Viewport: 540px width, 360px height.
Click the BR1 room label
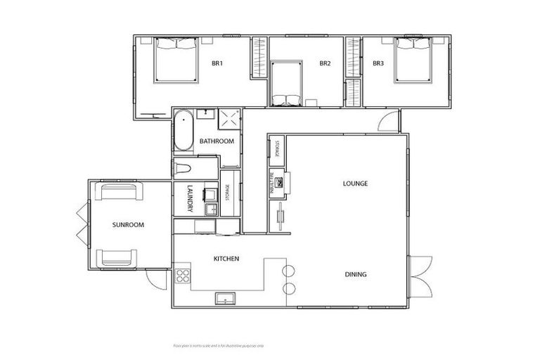click(217, 64)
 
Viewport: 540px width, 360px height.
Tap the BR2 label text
click(325, 64)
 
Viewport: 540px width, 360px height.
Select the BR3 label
click(378, 64)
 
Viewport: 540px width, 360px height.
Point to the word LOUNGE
click(356, 184)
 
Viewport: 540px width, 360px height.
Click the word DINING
click(356, 274)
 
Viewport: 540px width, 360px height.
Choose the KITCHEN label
click(226, 259)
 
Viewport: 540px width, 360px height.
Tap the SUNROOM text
click(128, 225)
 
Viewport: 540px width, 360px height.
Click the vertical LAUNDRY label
click(190, 198)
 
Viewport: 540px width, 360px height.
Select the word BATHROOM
click(216, 141)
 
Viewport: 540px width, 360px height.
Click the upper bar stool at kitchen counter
click(288, 271)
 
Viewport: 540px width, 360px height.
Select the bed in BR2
click(286, 84)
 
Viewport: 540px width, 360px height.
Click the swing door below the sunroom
click(155, 278)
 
